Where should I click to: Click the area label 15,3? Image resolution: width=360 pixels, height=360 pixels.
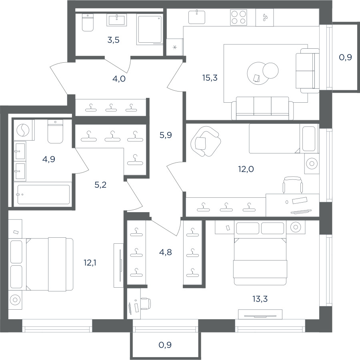210,78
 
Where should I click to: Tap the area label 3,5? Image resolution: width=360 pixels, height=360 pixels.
113,40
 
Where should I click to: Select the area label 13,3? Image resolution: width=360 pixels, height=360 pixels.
260,299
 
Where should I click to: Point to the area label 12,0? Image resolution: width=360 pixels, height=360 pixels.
246,169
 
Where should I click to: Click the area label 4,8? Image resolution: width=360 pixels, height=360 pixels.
166,253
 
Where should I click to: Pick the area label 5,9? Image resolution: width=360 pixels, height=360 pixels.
166,135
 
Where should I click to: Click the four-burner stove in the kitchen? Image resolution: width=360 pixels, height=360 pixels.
238,17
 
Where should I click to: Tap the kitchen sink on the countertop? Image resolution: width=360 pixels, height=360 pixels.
197,17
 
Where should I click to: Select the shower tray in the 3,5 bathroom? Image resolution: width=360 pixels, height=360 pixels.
150,29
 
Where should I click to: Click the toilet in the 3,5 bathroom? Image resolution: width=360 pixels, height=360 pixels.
88,22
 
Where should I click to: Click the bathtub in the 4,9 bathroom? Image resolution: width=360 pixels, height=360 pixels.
43,194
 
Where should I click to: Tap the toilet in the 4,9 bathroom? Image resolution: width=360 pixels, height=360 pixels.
55,131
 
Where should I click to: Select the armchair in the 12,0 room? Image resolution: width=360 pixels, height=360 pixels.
205,141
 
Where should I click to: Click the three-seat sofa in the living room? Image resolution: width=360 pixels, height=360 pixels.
262,108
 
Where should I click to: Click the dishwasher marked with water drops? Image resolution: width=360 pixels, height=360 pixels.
264,18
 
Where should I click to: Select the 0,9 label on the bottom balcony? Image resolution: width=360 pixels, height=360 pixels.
165,345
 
